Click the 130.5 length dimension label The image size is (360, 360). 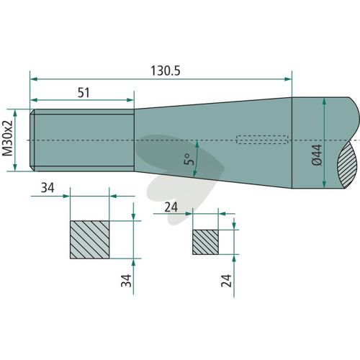166,71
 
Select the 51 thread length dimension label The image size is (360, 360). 84,93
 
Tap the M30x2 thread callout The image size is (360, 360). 7,138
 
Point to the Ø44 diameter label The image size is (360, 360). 317,155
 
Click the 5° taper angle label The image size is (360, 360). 189,159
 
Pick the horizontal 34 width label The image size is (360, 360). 48,187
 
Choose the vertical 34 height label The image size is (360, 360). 126,281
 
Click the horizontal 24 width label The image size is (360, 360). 171,207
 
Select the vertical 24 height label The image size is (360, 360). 226,281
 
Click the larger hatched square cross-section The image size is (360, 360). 90,240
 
